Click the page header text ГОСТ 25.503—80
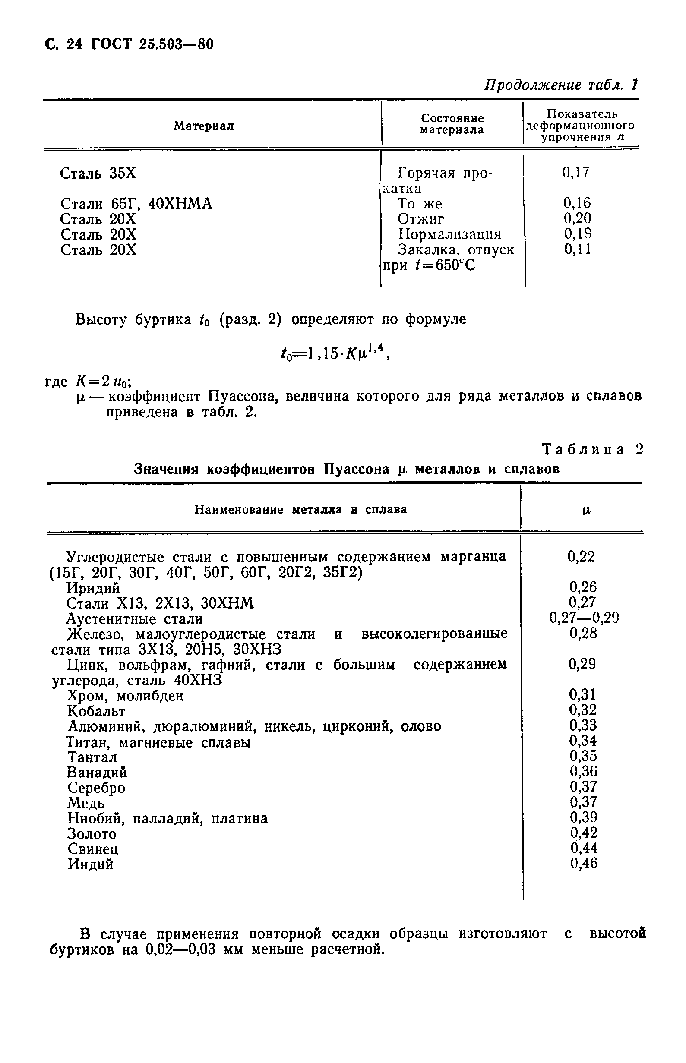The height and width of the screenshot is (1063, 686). click(x=152, y=44)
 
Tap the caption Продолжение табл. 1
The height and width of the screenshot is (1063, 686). click(x=561, y=85)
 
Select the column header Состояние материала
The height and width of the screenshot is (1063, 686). click(x=452, y=124)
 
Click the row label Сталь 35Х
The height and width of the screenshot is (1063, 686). click(x=98, y=173)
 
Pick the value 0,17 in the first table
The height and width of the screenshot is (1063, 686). click(x=576, y=172)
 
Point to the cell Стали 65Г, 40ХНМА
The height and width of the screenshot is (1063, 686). click(x=136, y=204)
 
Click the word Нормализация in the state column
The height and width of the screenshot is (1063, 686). click(x=449, y=234)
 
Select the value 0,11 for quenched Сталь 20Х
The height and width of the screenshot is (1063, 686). click(x=578, y=249)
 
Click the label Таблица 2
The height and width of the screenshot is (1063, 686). click(x=592, y=449)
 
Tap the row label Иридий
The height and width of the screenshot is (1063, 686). click(x=93, y=588)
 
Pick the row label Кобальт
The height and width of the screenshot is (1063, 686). click(x=96, y=711)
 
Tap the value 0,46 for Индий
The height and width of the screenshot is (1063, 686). click(x=584, y=864)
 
